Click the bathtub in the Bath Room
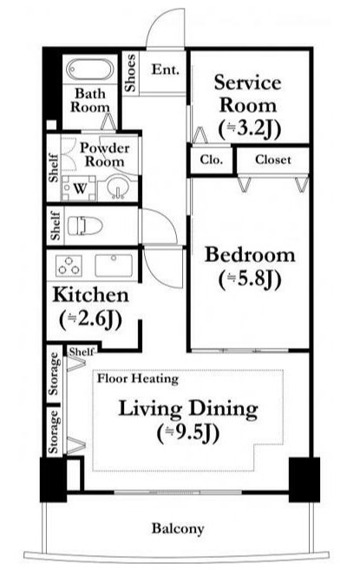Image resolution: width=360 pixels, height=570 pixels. [90, 69]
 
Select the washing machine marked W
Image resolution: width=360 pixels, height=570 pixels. [79, 188]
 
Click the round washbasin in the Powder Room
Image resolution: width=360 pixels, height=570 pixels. [117, 187]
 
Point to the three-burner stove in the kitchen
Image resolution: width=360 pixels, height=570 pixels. [69, 265]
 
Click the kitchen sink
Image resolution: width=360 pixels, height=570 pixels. [114, 265]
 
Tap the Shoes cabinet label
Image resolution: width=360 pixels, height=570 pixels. [130, 73]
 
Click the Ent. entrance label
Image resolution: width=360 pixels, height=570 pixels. [166, 69]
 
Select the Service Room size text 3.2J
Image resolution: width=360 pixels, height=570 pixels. [250, 128]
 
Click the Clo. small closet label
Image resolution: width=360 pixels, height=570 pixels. [211, 160]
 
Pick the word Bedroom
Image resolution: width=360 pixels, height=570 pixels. [250, 255]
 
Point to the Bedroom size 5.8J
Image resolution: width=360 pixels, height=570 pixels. [250, 279]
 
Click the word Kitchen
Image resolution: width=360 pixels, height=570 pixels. [91, 294]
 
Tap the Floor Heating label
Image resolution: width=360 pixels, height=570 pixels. [138, 379]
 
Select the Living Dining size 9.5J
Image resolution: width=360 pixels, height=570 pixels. [188, 433]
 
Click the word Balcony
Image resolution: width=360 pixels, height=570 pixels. [178, 528]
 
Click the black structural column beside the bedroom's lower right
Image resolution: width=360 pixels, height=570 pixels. [304, 480]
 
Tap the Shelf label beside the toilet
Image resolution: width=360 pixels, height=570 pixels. [56, 226]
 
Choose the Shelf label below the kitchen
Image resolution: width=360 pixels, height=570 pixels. [82, 352]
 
